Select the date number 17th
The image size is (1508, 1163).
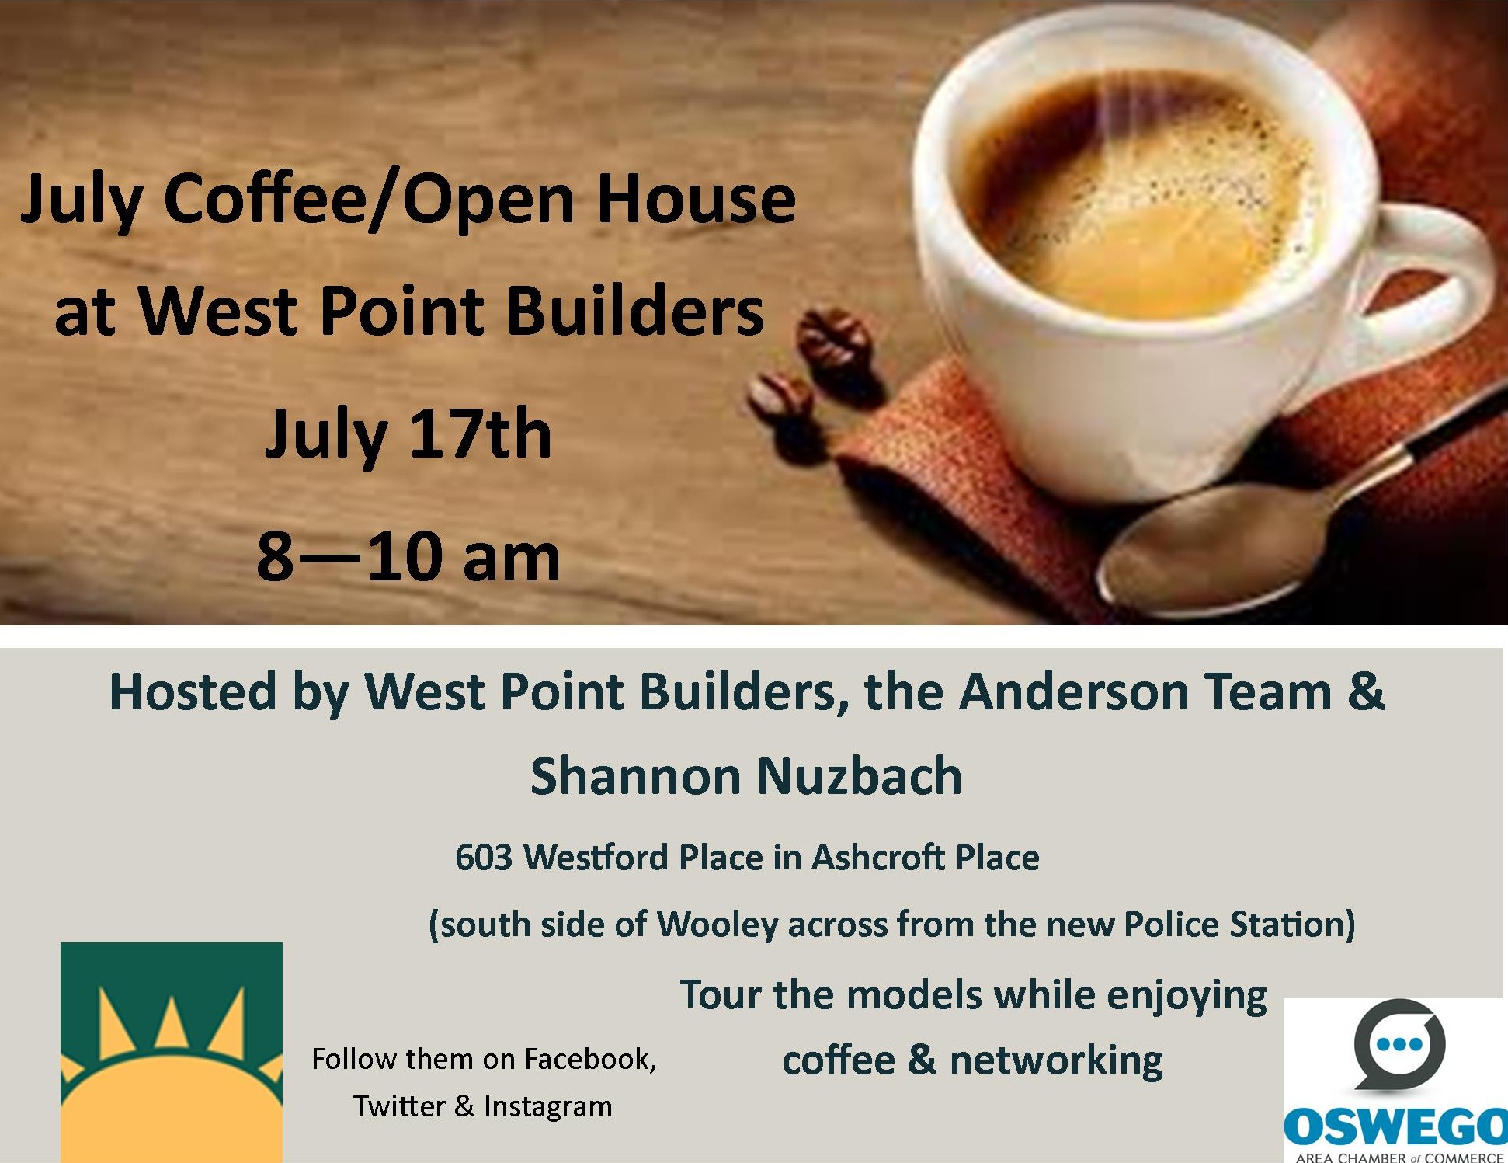(480, 434)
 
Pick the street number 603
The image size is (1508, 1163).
(483, 858)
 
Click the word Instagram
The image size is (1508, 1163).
(547, 1107)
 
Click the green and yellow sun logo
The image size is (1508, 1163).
(172, 1053)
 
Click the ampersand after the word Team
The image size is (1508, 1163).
(1366, 691)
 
